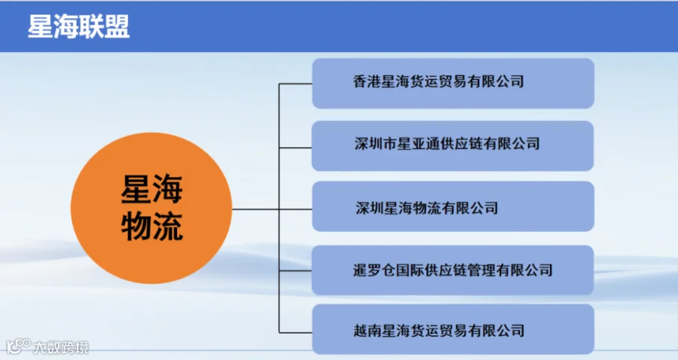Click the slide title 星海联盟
point(78,27)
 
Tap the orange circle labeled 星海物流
point(151,209)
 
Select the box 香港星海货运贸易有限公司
point(454,84)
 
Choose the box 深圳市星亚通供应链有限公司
point(453,145)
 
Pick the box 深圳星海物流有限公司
point(454,206)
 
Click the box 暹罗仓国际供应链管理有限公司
point(453,270)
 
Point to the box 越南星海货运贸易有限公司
point(454,329)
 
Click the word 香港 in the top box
point(367,81)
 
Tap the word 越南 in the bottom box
point(367,331)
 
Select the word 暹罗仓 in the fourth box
point(374,270)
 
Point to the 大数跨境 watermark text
point(61,347)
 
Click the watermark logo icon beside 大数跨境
point(17,346)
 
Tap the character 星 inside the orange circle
point(136,189)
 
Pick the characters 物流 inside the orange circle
point(152,226)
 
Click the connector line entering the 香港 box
point(296,84)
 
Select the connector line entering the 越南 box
point(296,332)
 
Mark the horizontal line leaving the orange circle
point(255,209)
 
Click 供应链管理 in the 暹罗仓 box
point(460,270)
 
